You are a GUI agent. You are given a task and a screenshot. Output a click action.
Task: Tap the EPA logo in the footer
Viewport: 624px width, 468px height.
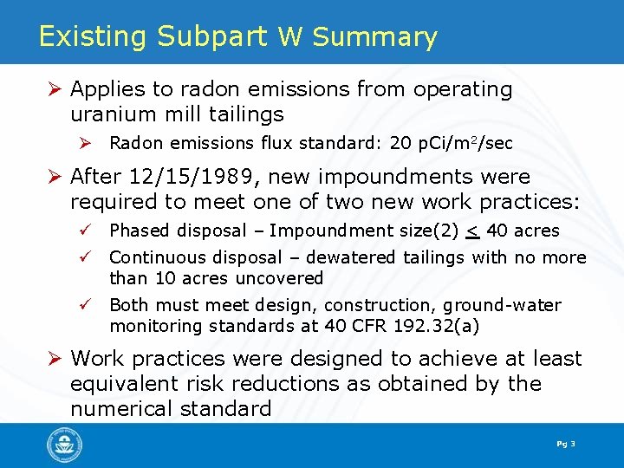64,445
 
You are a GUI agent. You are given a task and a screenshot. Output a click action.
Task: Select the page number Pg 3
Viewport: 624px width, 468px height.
566,445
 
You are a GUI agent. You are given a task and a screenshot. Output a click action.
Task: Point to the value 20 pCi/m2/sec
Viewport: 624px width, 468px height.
452,143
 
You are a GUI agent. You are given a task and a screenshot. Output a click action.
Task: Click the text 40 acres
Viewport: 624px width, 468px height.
523,231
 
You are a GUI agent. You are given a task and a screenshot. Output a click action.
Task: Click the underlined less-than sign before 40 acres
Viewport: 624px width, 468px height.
473,231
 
